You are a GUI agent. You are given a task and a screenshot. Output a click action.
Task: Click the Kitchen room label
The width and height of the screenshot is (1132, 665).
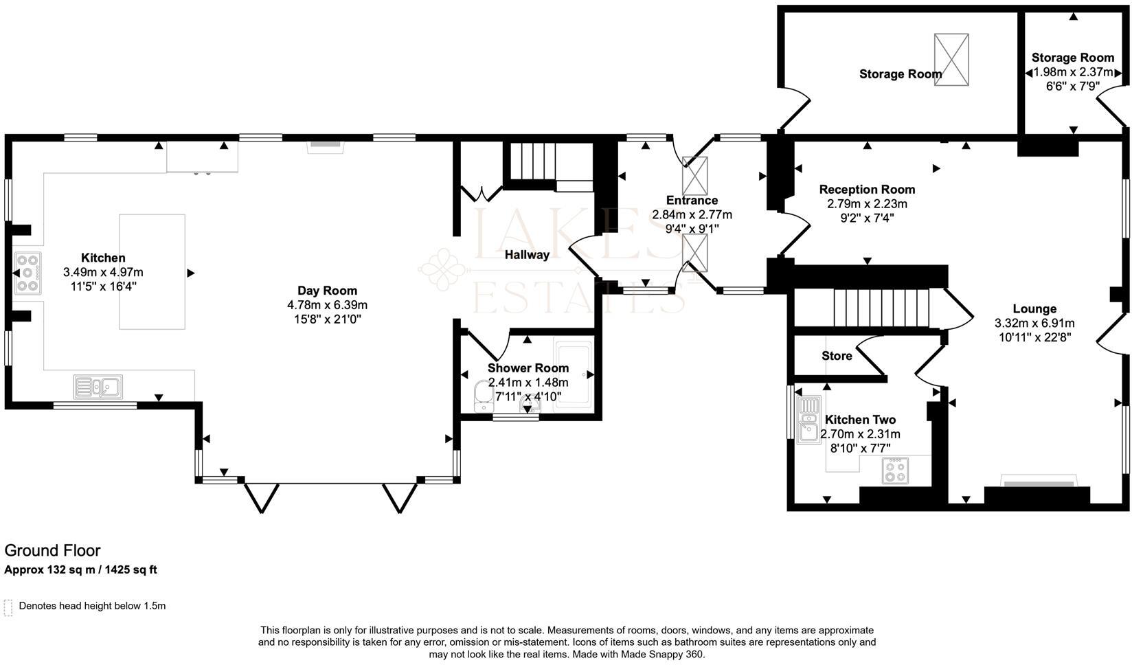pos(103,258)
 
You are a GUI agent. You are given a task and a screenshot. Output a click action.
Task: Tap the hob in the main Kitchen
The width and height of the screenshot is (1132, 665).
pos(27,273)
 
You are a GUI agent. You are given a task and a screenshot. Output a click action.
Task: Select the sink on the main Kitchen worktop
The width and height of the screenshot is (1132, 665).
pos(98,387)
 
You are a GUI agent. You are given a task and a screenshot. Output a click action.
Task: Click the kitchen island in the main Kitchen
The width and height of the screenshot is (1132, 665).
pos(152,271)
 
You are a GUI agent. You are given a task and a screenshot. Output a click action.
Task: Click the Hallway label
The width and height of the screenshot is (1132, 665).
pos(527,255)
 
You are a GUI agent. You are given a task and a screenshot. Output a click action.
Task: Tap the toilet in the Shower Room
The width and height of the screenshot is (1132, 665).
pos(484,396)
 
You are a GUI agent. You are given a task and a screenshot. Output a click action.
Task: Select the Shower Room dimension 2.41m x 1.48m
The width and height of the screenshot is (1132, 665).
pos(528,382)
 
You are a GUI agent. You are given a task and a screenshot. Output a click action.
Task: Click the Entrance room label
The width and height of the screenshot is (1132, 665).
pos(692,201)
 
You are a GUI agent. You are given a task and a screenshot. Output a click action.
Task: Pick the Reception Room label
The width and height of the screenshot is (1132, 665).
pos(867,190)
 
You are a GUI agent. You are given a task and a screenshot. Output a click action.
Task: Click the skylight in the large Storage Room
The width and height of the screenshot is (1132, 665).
pos(951,60)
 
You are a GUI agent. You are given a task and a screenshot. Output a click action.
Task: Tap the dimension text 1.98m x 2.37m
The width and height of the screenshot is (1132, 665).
pos(1072,72)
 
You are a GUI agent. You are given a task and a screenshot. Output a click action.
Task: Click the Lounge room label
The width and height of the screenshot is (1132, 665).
pos(1034,309)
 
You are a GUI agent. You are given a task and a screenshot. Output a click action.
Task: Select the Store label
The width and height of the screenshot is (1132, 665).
pos(837,356)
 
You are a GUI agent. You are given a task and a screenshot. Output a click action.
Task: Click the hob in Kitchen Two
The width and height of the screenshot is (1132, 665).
pos(895,471)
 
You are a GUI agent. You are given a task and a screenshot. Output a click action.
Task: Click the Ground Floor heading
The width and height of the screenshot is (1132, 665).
pos(52,550)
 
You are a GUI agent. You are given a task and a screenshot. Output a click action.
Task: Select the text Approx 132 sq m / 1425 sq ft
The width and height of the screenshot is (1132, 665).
pos(81,570)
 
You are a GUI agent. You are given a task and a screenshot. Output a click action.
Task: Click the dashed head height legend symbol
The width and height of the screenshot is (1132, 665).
pos(8,607)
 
